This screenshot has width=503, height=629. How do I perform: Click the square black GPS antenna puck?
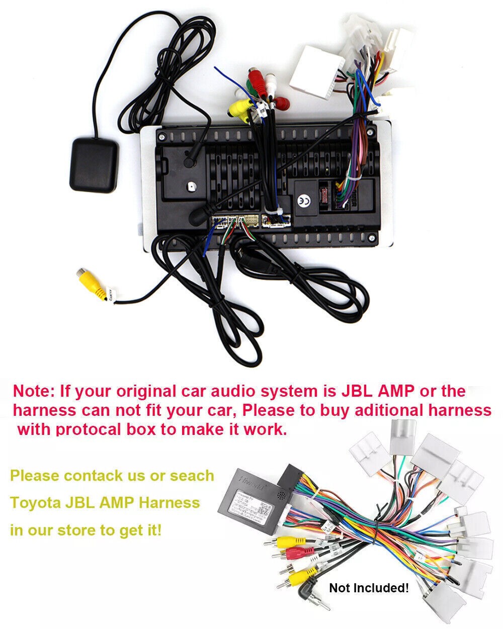click(x=93, y=165)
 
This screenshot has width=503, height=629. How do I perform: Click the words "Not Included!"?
click(x=369, y=588)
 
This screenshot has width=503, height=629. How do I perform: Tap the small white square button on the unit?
click(x=191, y=187)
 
